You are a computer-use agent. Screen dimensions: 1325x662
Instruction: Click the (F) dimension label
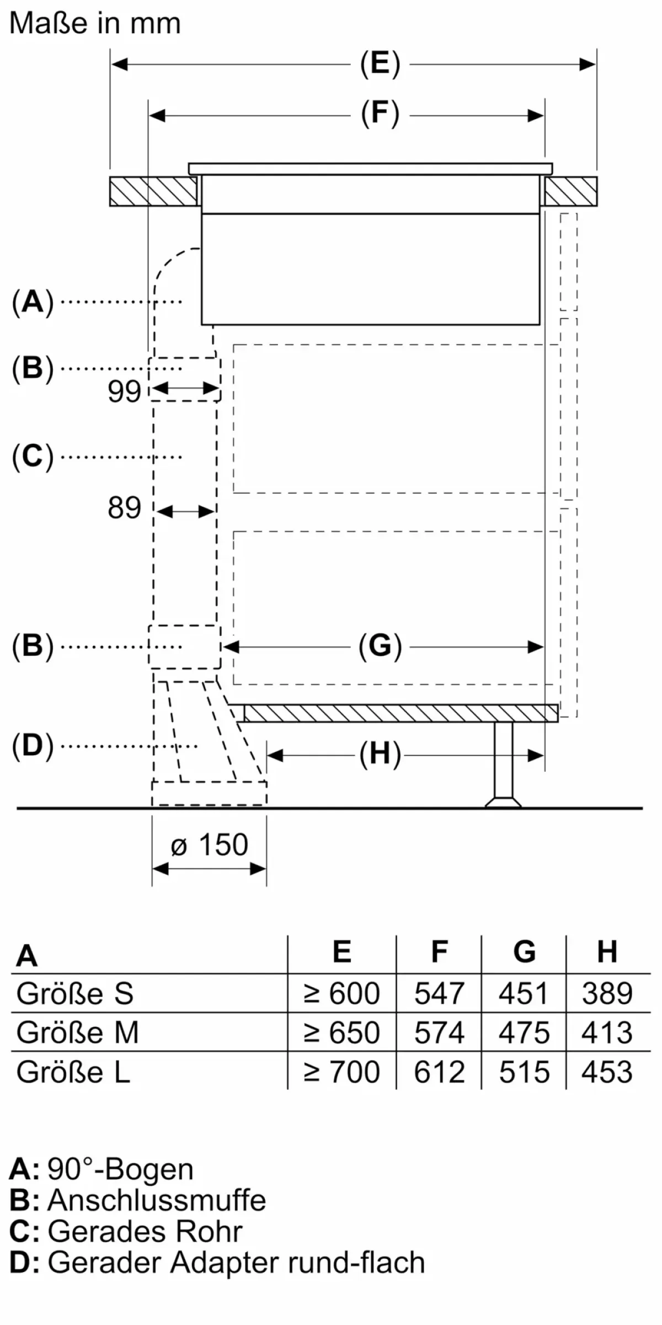point(380,114)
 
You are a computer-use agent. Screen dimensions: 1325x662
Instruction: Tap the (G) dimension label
point(380,646)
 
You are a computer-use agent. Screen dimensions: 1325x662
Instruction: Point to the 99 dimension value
point(124,392)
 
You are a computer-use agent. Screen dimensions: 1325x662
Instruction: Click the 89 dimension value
point(124,508)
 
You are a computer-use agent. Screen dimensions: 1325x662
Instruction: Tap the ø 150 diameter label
point(210,845)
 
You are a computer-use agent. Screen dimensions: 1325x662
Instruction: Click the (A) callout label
point(33,302)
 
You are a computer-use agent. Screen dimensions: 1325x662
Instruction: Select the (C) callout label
point(33,457)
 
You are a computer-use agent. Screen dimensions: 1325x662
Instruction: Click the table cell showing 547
point(439,993)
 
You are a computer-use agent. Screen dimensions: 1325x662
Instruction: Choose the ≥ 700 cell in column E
point(342,1072)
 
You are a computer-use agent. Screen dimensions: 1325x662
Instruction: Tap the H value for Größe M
point(607,1032)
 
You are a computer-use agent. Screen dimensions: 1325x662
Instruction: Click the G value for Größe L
point(524,1072)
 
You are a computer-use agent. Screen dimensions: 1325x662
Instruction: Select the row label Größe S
point(75,993)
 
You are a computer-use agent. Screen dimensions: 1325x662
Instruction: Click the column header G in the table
point(524,952)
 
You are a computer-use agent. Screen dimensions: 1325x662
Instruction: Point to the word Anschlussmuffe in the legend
point(157,1200)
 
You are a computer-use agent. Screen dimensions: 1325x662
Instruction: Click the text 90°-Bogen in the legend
point(120,1169)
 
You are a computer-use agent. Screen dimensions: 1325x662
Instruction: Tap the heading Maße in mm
point(95,24)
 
